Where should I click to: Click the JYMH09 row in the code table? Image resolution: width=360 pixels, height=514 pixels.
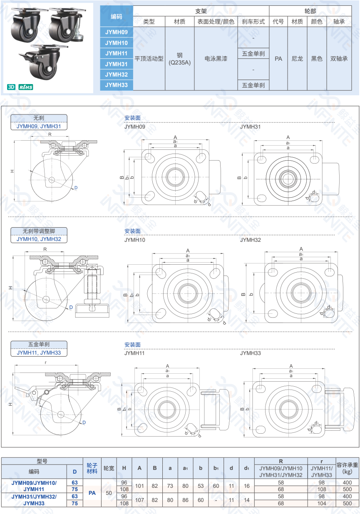point(117,32)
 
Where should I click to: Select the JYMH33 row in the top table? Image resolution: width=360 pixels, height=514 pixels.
point(117,85)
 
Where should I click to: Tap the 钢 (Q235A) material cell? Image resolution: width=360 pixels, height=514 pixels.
point(179,59)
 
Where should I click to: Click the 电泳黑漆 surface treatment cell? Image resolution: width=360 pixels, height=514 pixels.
point(216,59)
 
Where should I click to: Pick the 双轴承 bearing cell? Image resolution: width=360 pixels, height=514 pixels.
point(339,59)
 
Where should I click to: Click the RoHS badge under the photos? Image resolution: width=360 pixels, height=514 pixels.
point(26,87)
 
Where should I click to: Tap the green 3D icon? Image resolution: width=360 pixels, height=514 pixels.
point(11,87)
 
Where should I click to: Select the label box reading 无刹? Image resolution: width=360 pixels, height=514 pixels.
point(38,118)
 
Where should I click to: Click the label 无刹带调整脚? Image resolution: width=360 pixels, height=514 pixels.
point(38,231)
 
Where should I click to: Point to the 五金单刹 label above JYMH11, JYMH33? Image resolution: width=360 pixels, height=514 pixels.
point(38,345)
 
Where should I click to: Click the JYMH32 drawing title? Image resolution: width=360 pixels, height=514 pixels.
point(251,240)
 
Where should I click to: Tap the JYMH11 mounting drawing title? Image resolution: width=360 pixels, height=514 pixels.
point(134,353)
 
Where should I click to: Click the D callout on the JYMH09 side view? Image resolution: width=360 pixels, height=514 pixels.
point(76,188)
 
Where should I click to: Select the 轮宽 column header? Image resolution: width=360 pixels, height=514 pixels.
point(109,468)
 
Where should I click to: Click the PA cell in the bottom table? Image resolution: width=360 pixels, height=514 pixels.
point(92,493)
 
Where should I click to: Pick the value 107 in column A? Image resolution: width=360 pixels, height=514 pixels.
point(139,499)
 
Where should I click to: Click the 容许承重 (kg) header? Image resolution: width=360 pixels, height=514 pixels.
point(348,468)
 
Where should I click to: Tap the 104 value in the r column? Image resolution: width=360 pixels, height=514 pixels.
point(322,503)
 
